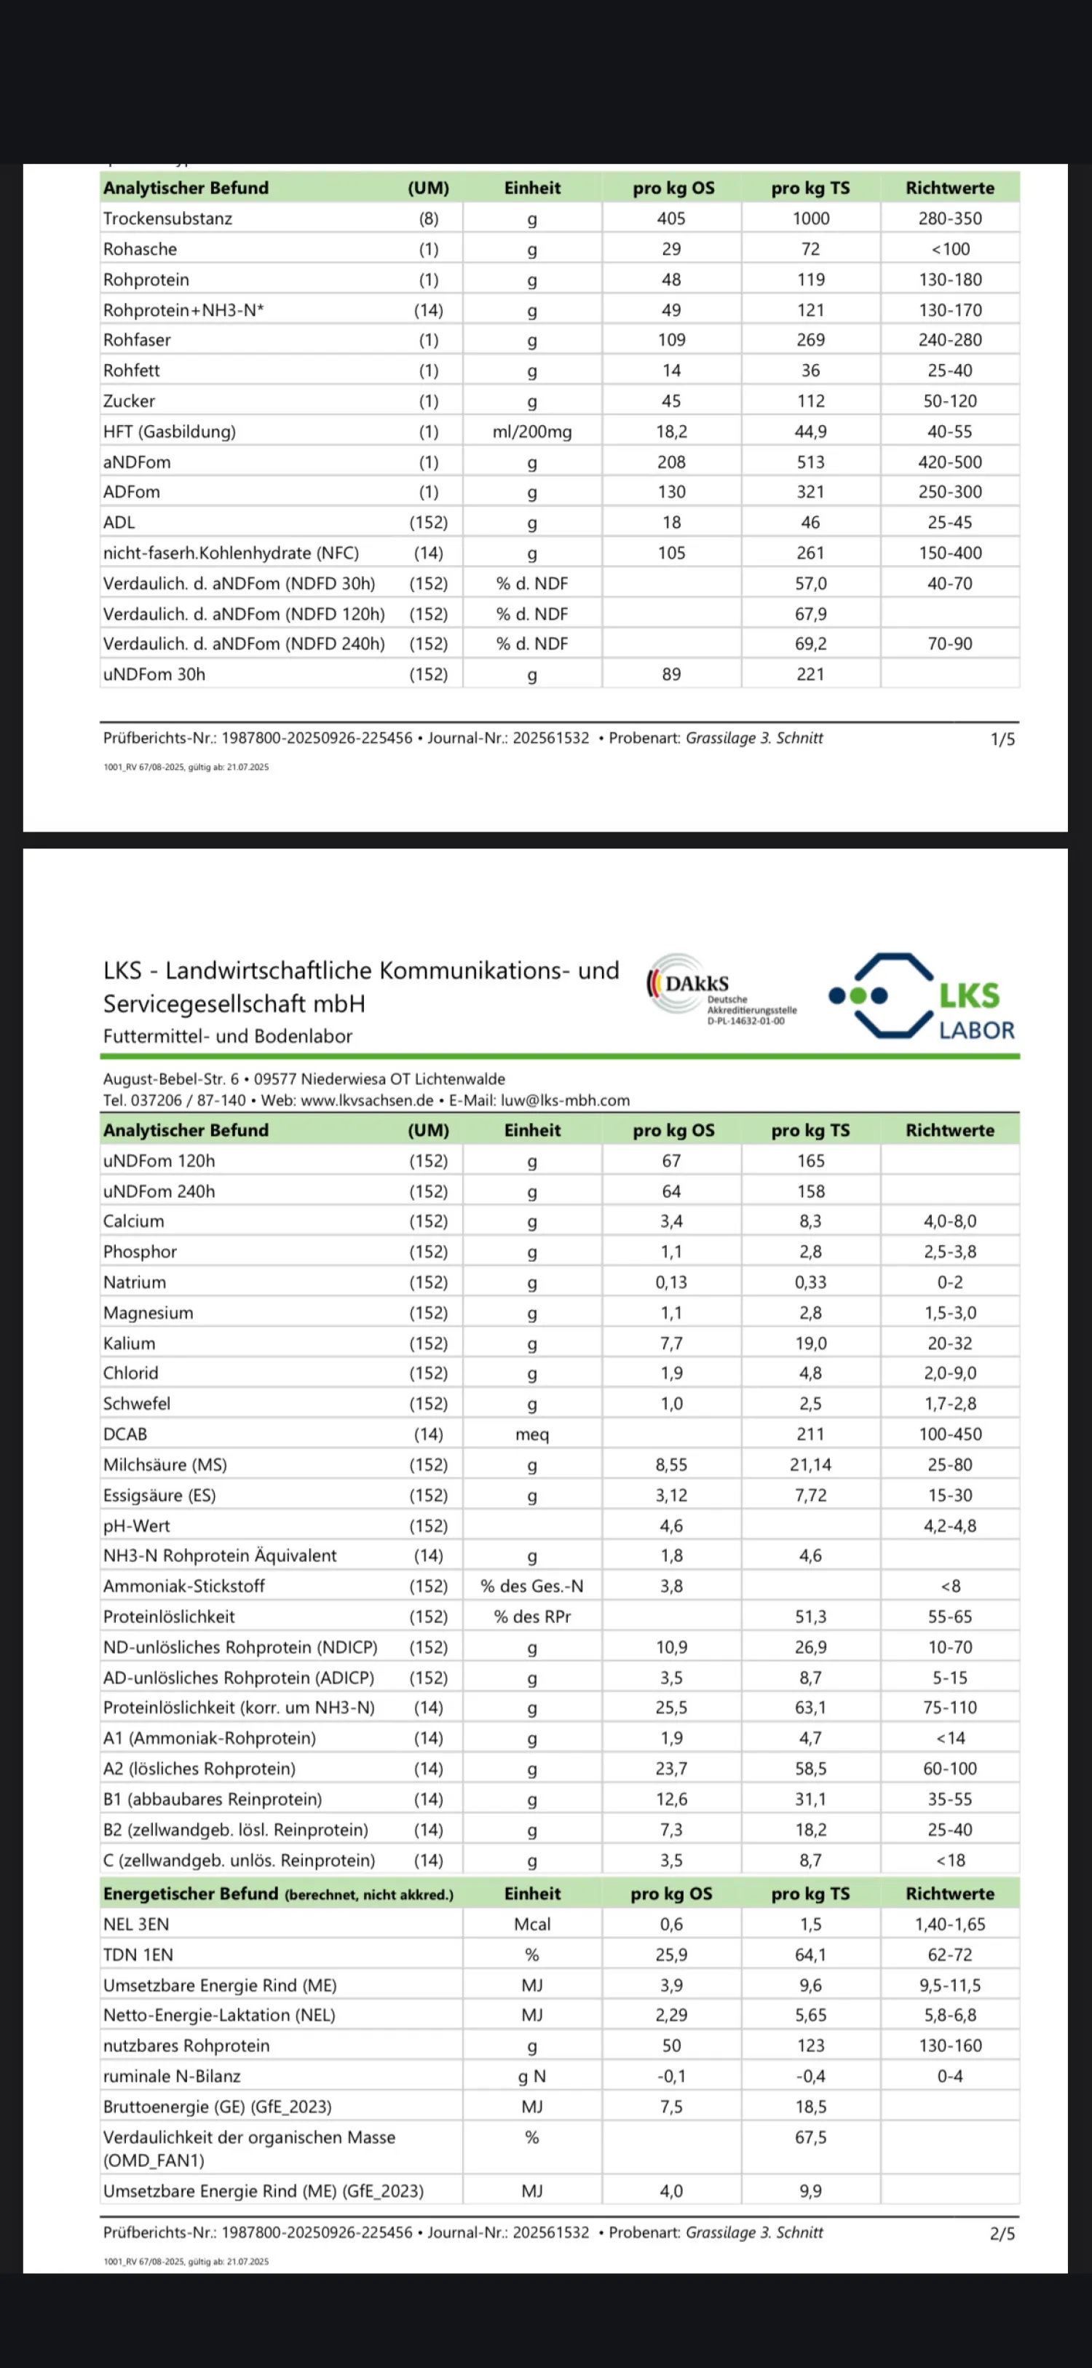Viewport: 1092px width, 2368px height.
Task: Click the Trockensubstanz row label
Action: (x=167, y=218)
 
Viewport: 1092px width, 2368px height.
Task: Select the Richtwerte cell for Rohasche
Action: (x=949, y=249)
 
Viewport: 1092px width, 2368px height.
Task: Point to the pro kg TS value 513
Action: (x=810, y=462)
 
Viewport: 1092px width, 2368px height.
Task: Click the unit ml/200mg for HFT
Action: (x=532, y=432)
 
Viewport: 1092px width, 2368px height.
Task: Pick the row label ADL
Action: (x=119, y=523)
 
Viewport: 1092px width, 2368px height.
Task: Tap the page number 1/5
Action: (x=1002, y=739)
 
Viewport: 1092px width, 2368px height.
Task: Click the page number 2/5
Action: (x=1002, y=2234)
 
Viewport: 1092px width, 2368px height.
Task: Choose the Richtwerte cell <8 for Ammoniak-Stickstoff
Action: (x=949, y=1587)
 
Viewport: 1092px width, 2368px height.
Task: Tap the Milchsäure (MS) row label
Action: (x=165, y=1465)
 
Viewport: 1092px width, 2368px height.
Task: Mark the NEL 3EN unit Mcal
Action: (x=532, y=1924)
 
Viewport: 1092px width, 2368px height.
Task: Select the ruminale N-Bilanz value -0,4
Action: (x=810, y=2077)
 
